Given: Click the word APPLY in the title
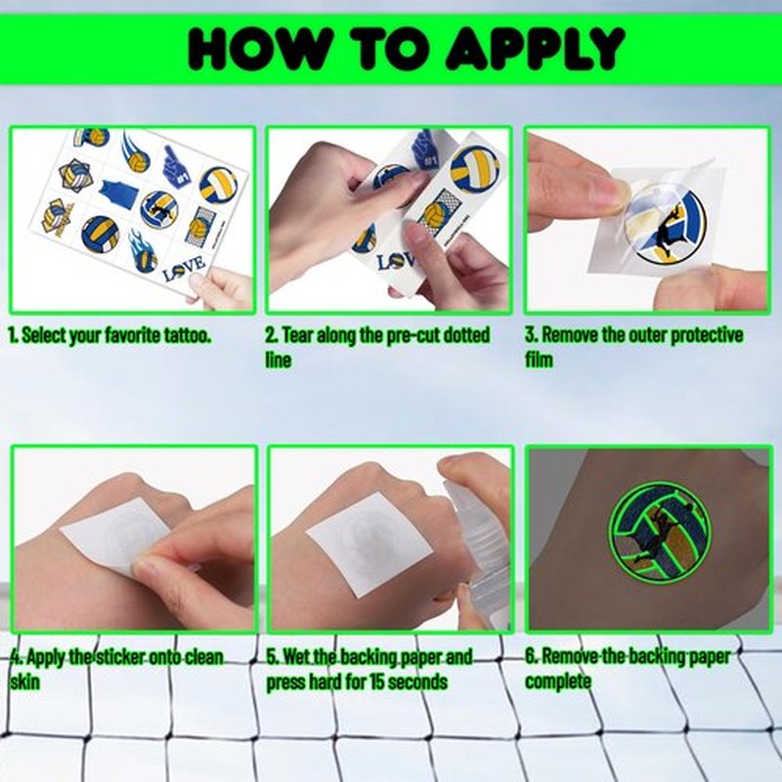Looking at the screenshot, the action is [x=535, y=48].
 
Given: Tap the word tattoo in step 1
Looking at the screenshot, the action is [x=187, y=335].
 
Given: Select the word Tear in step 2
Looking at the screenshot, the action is [x=298, y=335].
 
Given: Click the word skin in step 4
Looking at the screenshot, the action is [x=24, y=681].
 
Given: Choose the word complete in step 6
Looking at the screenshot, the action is [x=558, y=681].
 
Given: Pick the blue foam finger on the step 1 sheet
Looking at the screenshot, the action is [x=177, y=166].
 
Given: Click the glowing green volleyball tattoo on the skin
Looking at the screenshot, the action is [x=659, y=530].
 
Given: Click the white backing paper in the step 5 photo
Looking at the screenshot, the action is [x=369, y=544].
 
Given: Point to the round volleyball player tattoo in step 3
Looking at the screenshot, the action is [x=665, y=226].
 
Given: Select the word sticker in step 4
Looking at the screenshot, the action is [x=118, y=657].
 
